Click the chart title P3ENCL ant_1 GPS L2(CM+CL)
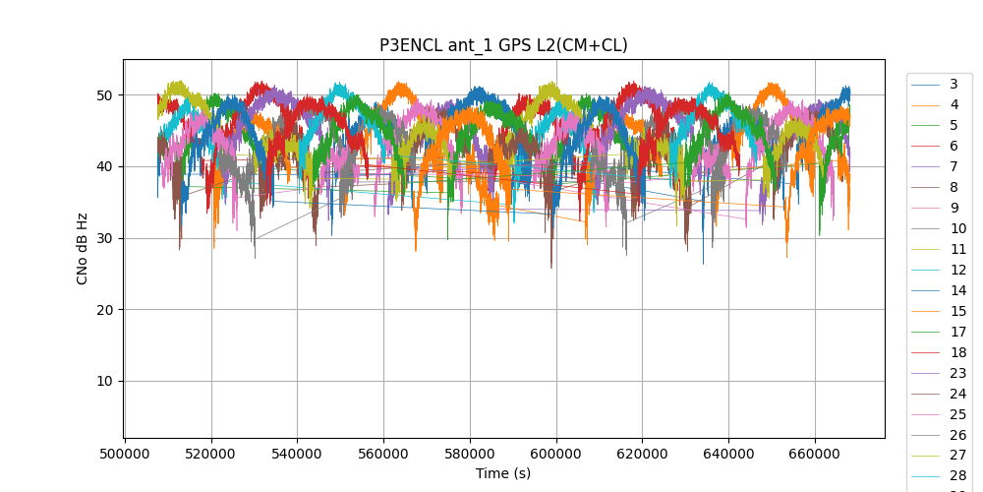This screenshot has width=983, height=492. tap(503, 45)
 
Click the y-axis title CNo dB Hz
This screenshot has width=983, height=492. tap(83, 248)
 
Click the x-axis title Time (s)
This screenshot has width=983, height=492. tap(503, 473)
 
